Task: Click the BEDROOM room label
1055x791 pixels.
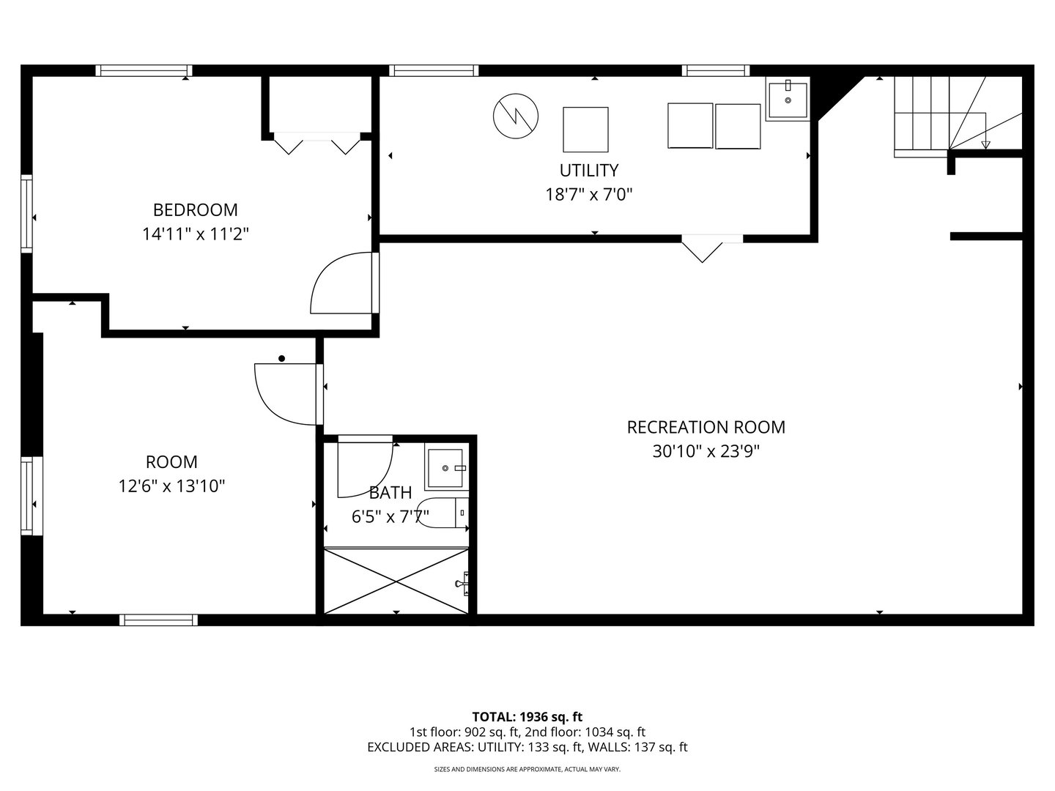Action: (195, 210)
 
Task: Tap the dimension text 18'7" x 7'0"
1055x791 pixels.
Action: (588, 195)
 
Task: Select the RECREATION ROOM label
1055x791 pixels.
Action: (706, 427)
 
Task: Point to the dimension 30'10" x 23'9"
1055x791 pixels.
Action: (706, 451)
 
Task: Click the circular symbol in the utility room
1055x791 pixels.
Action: (516, 115)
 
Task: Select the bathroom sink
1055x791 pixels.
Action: (445, 467)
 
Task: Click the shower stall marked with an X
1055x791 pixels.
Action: (396, 581)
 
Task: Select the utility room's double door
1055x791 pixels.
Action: (702, 248)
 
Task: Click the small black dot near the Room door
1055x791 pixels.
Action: (281, 358)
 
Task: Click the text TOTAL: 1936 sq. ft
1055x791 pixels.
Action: (527, 716)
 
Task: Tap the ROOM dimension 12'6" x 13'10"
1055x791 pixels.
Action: (171, 486)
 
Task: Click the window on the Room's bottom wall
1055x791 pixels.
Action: (159, 620)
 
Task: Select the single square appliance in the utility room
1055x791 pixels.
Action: (585, 130)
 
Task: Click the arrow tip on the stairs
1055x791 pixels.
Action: (985, 145)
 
